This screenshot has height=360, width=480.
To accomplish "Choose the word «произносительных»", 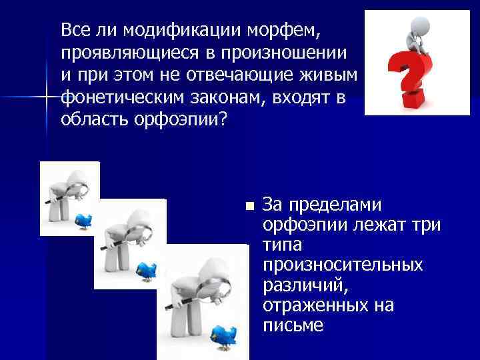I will (x=343, y=265).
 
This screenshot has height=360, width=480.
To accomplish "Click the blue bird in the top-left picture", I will (x=83, y=219).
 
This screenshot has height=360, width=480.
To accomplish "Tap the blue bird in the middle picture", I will (x=146, y=269).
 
